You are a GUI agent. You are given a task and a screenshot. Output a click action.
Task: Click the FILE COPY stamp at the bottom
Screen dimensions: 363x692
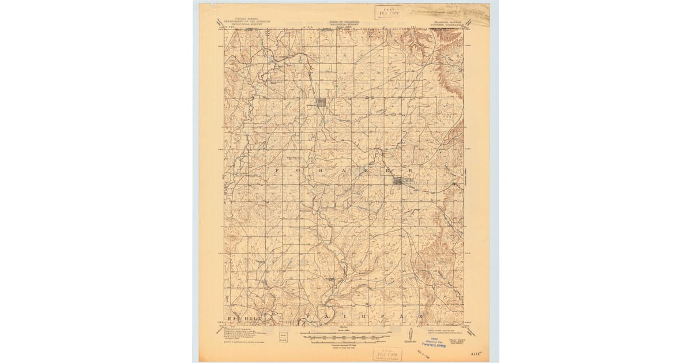point(387,353)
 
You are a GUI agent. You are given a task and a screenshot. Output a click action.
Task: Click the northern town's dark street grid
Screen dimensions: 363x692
point(320,103)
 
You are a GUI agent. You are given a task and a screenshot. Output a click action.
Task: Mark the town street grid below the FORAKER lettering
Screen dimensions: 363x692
point(400,181)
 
